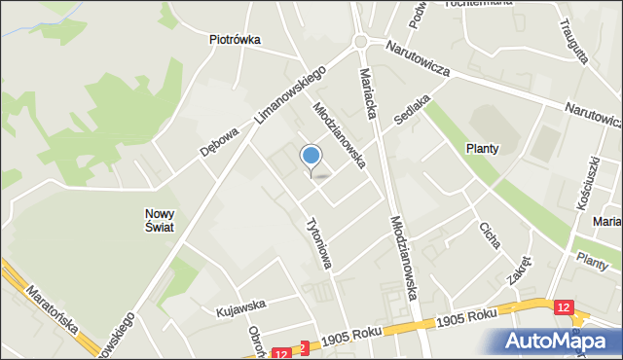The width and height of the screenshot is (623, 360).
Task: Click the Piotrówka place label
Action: tap(235, 40)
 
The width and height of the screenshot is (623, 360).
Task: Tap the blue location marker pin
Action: tap(311, 156)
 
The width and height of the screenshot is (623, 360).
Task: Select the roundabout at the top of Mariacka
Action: tap(361, 41)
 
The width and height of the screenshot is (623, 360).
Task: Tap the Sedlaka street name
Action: tap(412, 109)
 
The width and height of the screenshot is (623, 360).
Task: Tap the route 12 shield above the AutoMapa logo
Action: tap(566, 307)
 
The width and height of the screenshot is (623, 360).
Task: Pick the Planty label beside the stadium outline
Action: tap(482, 149)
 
